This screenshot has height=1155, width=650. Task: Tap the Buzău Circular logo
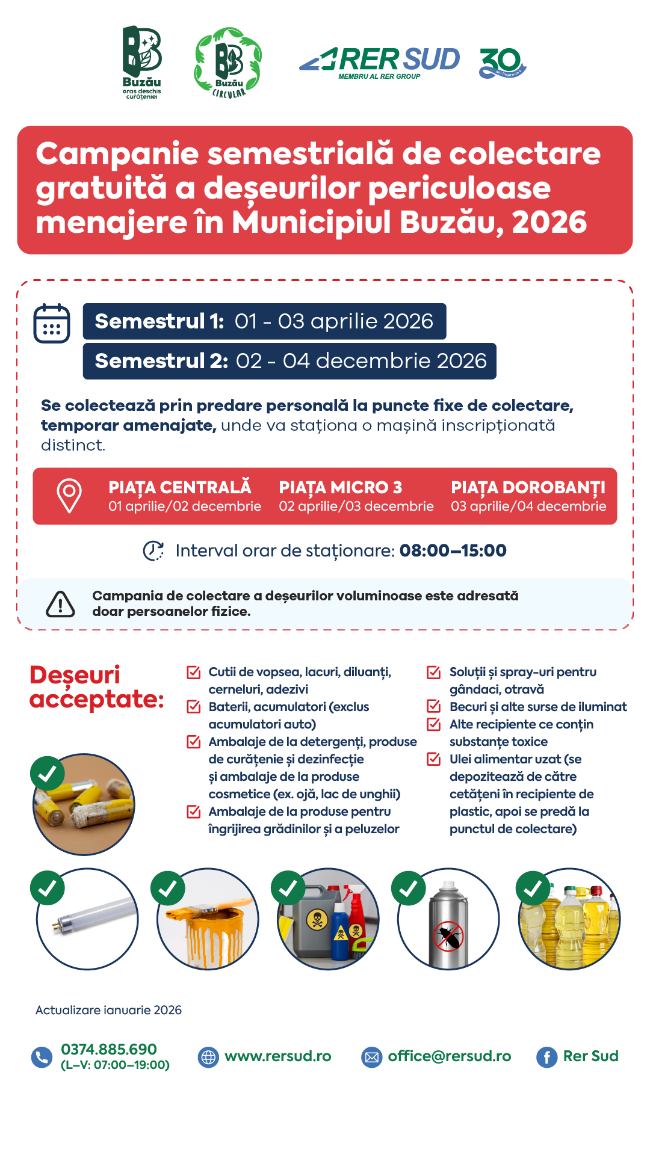[228, 62]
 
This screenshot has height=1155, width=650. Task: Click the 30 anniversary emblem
[503, 63]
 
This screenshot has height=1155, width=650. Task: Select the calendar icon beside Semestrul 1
[52, 323]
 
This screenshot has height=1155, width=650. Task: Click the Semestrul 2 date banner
[289, 361]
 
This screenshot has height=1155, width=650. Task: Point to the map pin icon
[69, 496]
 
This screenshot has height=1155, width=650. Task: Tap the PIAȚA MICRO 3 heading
[340, 487]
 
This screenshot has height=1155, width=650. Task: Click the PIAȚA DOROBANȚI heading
[528, 487]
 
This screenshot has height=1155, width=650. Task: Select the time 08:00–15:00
[453, 550]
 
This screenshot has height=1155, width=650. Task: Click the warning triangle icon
[61, 604]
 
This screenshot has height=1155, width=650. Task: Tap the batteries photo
[84, 804]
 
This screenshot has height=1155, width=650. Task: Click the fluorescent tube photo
[87, 919]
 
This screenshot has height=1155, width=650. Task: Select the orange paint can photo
[208, 919]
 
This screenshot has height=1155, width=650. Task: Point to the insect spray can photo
[448, 919]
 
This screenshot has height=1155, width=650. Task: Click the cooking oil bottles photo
[569, 919]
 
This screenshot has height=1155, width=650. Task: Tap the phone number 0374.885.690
[109, 1050]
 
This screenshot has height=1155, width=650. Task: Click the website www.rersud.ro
[277, 1056]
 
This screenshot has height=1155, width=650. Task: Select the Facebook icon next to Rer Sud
[546, 1057]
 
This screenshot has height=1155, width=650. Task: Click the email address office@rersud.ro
[449, 1056]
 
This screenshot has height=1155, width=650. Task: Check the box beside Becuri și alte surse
[433, 706]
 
